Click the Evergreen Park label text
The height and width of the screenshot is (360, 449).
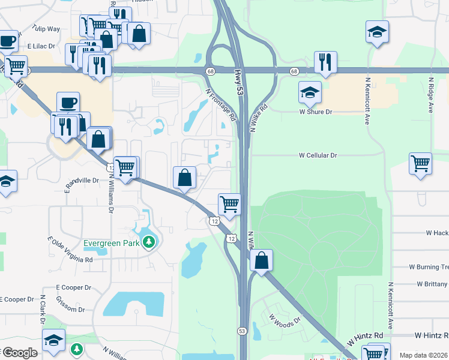point(112,243)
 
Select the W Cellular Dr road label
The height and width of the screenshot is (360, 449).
point(318,155)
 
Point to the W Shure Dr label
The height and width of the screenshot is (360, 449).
point(316,112)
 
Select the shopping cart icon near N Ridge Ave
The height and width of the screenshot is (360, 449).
point(420,163)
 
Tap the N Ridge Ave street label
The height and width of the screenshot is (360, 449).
point(430,95)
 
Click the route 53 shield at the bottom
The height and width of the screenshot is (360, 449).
point(242,331)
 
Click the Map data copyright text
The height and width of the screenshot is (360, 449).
point(423,355)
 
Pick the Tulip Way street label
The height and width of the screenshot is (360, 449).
point(46,29)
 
